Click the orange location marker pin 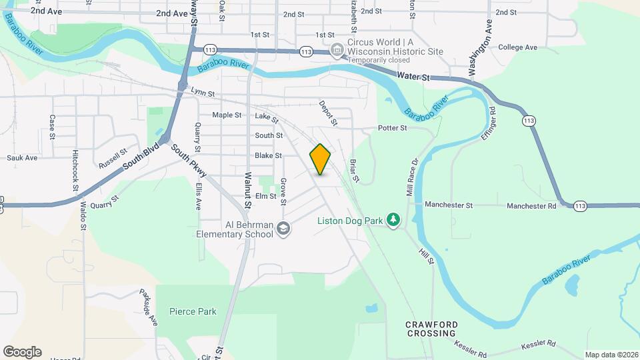320,159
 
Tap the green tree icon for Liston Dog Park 394,219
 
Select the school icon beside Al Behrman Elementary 284,229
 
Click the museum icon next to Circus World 337,50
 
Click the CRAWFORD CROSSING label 431,328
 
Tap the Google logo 22,352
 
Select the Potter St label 392,128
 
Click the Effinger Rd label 488,123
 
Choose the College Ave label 517,47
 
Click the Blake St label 269,155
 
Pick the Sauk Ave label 22,158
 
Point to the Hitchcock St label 75,170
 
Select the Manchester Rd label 531,206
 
